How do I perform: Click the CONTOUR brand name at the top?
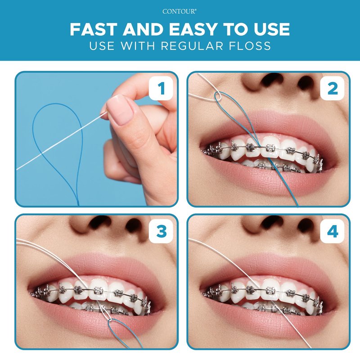(x=179, y=11)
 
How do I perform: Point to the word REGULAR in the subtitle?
(x=192, y=45)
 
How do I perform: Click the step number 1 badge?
(x=161, y=88)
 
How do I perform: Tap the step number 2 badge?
(x=333, y=88)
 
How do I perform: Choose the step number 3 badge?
(x=161, y=231)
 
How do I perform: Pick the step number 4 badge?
(x=333, y=231)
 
